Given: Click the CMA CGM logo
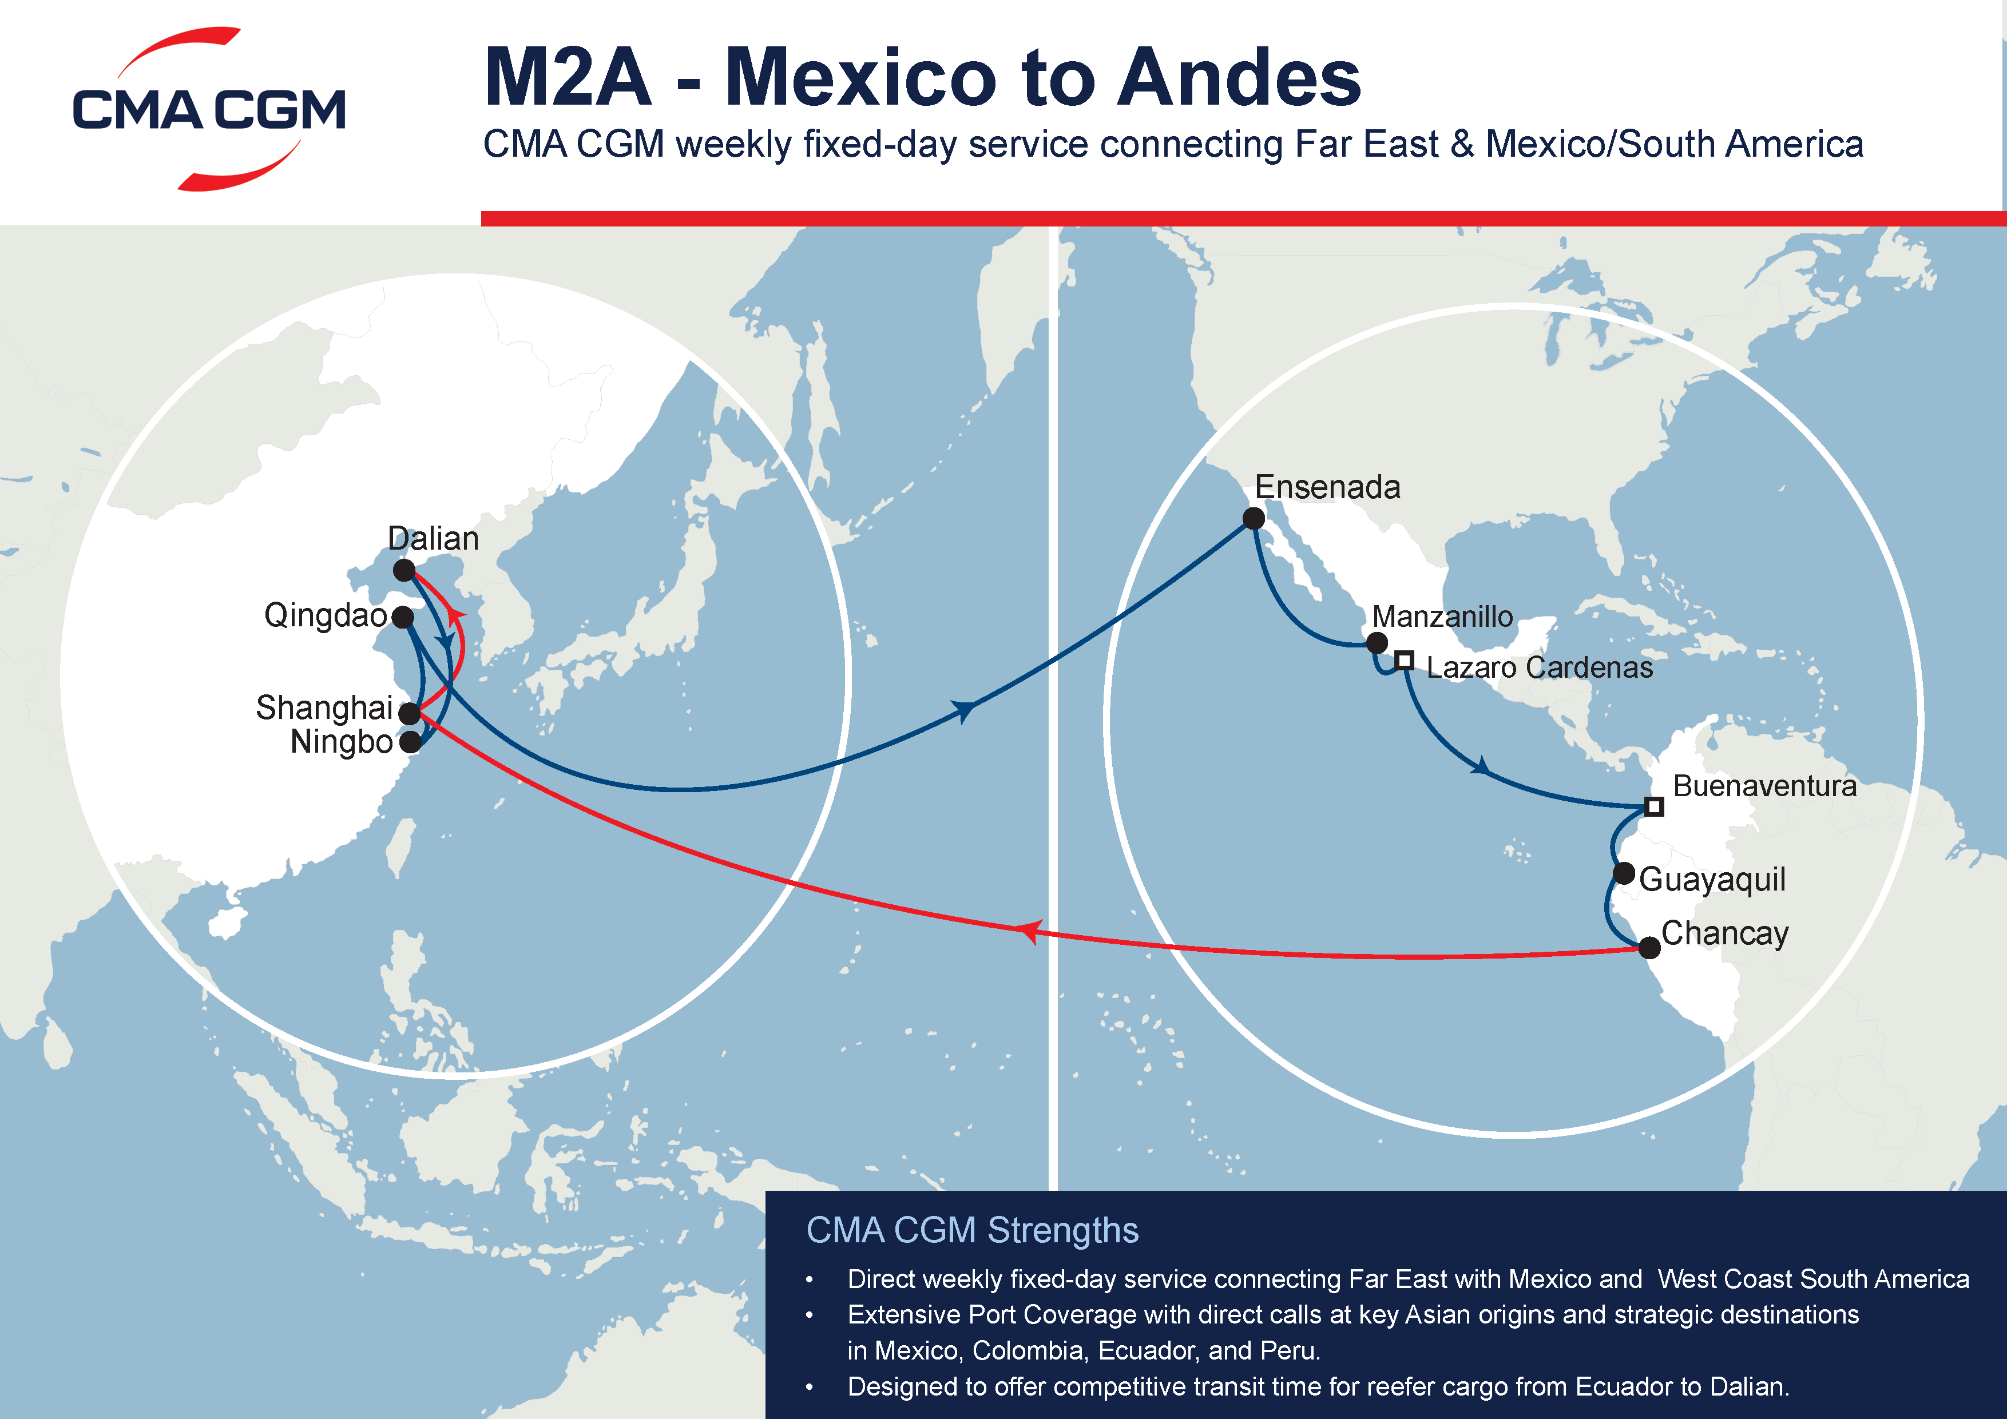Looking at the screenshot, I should tap(209, 109).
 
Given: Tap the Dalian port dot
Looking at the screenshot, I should tap(404, 571).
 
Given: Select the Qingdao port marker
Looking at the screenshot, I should tap(403, 618).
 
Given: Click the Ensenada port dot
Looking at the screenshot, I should tap(1254, 519).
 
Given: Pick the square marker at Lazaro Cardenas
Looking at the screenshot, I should tap(1405, 661).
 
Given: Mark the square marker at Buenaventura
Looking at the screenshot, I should tap(1654, 806).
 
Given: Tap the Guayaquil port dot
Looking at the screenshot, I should tap(1624, 873).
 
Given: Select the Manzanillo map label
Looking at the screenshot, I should tap(1442, 617).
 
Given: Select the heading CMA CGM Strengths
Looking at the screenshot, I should tap(972, 1230).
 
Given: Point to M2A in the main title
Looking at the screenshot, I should tap(568, 78).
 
